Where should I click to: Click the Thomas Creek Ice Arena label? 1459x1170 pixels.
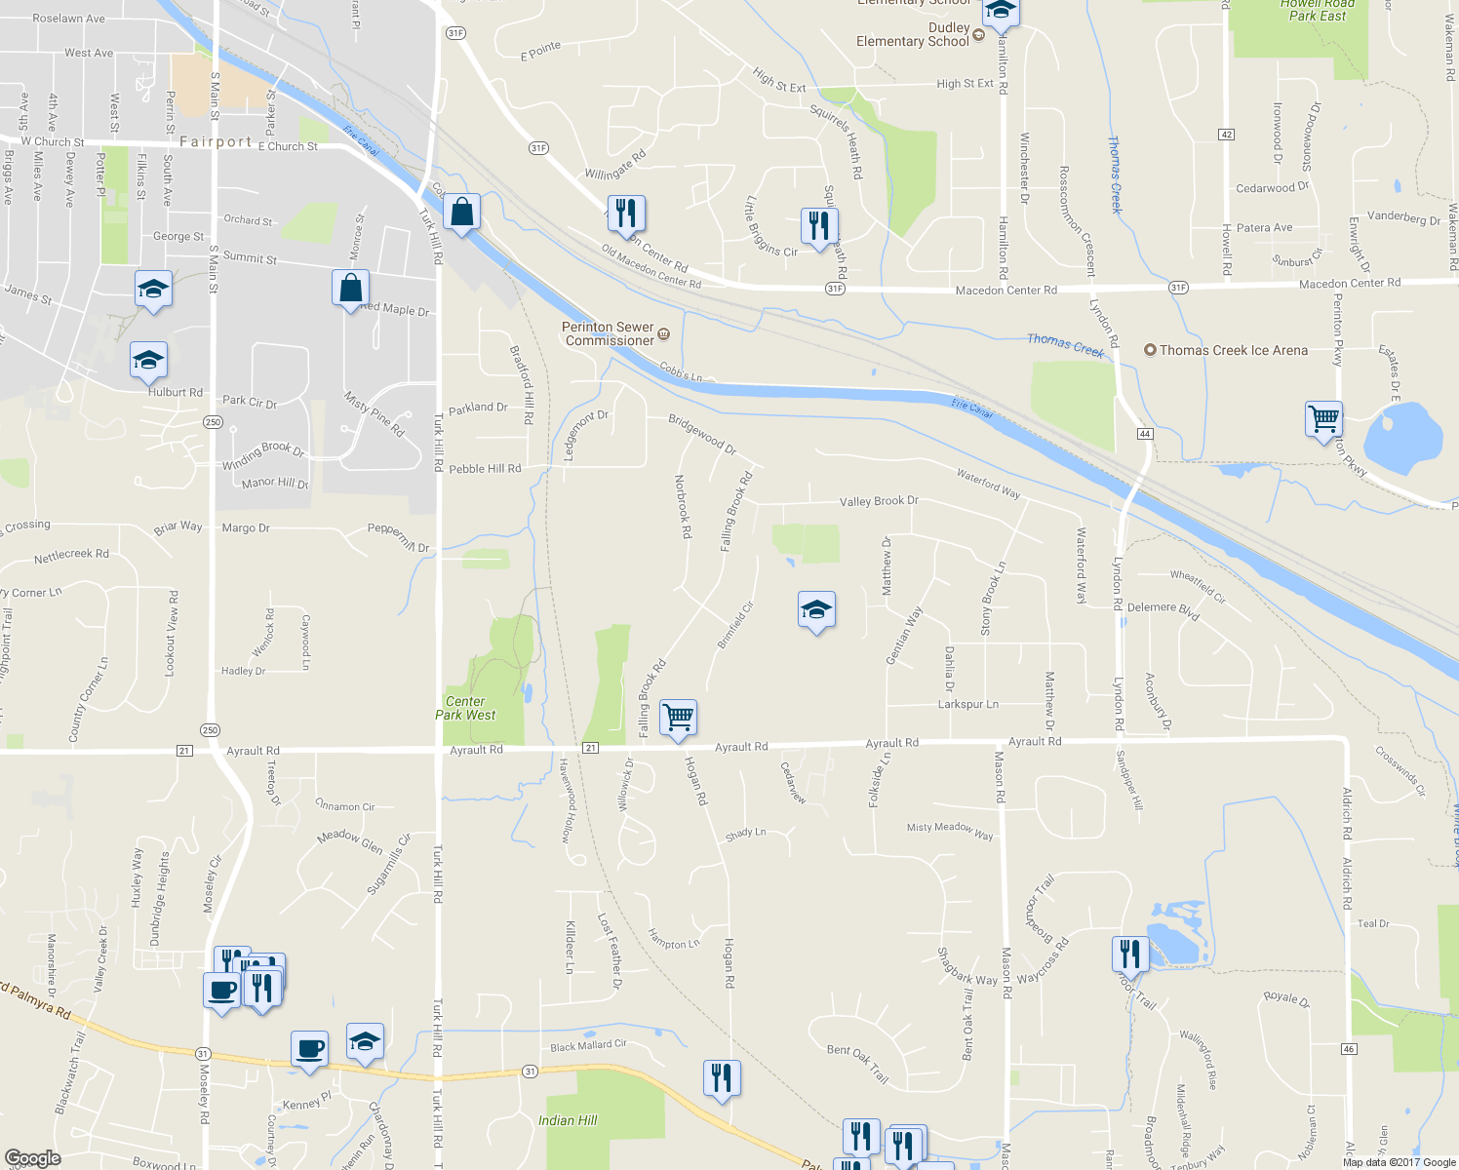(x=1233, y=350)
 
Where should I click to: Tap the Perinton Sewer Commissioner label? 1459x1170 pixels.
(x=609, y=333)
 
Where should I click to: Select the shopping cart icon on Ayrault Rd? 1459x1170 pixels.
(x=678, y=718)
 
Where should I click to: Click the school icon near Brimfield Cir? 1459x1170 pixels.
(x=816, y=610)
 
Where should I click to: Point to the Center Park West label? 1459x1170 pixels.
(x=465, y=708)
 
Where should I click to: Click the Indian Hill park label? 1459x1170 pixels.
(x=568, y=1120)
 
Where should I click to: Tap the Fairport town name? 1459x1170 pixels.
(x=216, y=141)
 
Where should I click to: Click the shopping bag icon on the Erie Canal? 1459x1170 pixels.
(x=461, y=212)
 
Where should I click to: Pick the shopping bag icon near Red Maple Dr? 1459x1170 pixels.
(x=350, y=288)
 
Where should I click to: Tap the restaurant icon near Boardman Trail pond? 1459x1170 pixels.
(x=1130, y=953)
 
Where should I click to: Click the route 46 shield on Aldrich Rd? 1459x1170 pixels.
(x=1349, y=1049)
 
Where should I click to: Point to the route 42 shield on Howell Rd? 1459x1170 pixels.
(x=1226, y=135)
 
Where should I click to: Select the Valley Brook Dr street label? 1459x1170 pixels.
(x=879, y=501)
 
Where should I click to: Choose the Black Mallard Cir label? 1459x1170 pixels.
(x=588, y=1046)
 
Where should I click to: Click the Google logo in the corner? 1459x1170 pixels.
(x=32, y=1157)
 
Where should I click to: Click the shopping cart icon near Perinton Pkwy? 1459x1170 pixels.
(x=1323, y=419)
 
